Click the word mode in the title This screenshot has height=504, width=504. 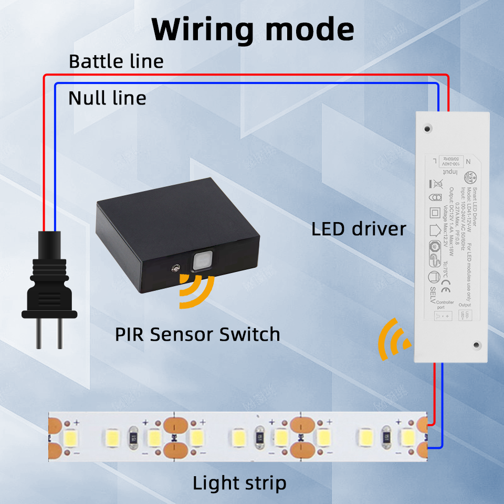pyautogui.click(x=309, y=30)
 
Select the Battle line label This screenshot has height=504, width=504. pyautogui.click(x=116, y=61)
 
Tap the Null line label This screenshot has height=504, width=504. pyautogui.click(x=107, y=98)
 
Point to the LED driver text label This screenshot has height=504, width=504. pyautogui.click(x=359, y=229)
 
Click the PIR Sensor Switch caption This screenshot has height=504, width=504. pyautogui.click(x=197, y=334)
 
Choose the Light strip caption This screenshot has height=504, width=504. pyautogui.click(x=239, y=482)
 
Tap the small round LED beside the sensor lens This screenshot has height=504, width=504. pyautogui.click(x=173, y=268)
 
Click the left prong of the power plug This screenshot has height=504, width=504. pyautogui.click(x=39, y=333)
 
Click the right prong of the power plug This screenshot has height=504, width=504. pyautogui.click(x=59, y=333)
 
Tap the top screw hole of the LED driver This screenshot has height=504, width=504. pyautogui.click(x=429, y=128)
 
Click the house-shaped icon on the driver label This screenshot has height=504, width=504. pyautogui.click(x=434, y=229)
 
